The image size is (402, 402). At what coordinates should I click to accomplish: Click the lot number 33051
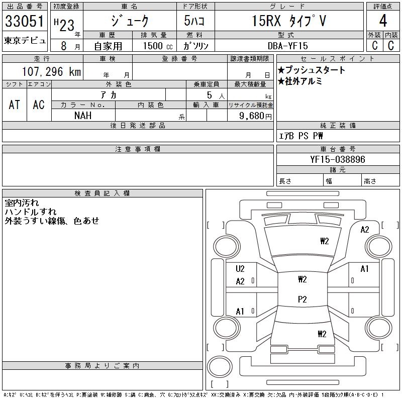pos(25,22)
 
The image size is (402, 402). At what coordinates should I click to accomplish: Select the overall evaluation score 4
pos(383,22)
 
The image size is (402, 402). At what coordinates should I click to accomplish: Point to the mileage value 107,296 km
pos(52,72)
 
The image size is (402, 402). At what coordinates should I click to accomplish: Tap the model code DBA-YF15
pos(288,46)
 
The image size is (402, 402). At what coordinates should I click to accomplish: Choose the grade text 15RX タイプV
pos(288,21)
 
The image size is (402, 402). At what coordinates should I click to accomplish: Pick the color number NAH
pos(83,115)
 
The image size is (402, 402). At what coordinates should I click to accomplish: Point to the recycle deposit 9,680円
pos(256,116)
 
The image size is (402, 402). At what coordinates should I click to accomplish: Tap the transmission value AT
pos(15,105)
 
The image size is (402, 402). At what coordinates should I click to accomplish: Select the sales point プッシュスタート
pos(312,70)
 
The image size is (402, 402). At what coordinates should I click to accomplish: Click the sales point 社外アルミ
pos(300,81)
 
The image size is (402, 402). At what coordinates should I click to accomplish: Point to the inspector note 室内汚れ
pos(22,203)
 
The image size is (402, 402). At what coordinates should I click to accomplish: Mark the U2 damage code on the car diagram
pos(240,269)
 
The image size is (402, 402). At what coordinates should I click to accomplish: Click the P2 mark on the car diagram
pos(302,299)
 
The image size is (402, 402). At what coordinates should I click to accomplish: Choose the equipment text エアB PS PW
pos(301,136)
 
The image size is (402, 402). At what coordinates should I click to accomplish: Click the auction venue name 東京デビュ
pos(25,41)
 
